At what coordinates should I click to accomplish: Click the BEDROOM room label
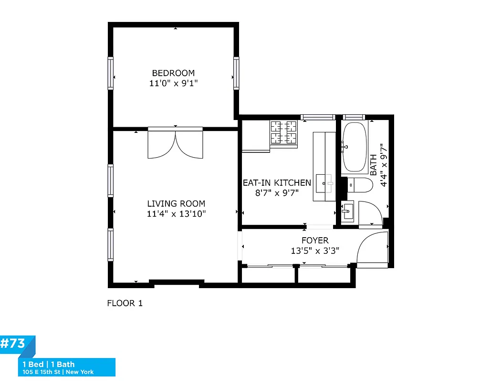(173, 73)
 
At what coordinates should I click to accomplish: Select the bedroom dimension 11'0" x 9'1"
(173, 83)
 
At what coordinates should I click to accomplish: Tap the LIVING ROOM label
(176, 204)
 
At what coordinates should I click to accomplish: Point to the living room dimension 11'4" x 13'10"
(176, 214)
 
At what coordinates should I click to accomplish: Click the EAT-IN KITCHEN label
(277, 183)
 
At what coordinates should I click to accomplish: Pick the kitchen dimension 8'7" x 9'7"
(277, 193)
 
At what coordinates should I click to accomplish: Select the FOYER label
(315, 241)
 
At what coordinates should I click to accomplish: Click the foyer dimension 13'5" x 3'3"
(315, 251)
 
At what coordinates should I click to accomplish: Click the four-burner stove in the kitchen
(284, 132)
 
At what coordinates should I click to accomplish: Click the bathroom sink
(347, 210)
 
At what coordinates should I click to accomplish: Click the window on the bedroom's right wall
(236, 73)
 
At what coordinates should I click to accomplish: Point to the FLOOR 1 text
(125, 303)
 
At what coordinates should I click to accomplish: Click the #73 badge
(13, 344)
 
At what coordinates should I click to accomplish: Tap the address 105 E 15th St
(42, 372)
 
